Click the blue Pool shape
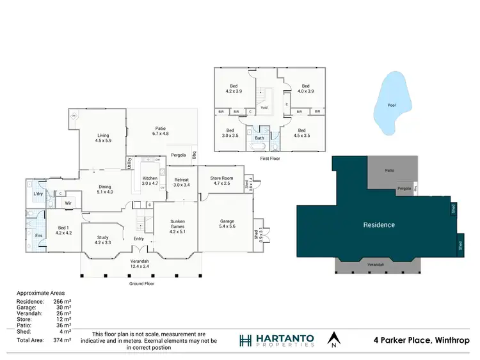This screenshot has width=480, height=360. pos(391,106)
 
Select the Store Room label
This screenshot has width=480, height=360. pos(222,181)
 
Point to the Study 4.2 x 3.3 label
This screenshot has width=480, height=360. pos(102,240)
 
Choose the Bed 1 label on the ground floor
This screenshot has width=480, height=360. pos(63,230)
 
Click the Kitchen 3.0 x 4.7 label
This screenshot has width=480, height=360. pos(150,180)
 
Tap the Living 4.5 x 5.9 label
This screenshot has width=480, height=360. pos(103,137)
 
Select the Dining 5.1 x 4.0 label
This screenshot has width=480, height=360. pos(104,189)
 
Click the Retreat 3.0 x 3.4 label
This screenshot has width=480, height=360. pos(182,182)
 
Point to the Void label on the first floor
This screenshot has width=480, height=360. pos(264,107)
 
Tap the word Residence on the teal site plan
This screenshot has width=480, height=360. pos(379,224)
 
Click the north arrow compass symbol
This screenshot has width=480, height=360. pos(333,339)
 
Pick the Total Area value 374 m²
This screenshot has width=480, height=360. pos(62,340)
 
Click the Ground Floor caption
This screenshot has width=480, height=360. pos(141,283)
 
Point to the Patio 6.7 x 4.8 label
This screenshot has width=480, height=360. pos(160,131)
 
